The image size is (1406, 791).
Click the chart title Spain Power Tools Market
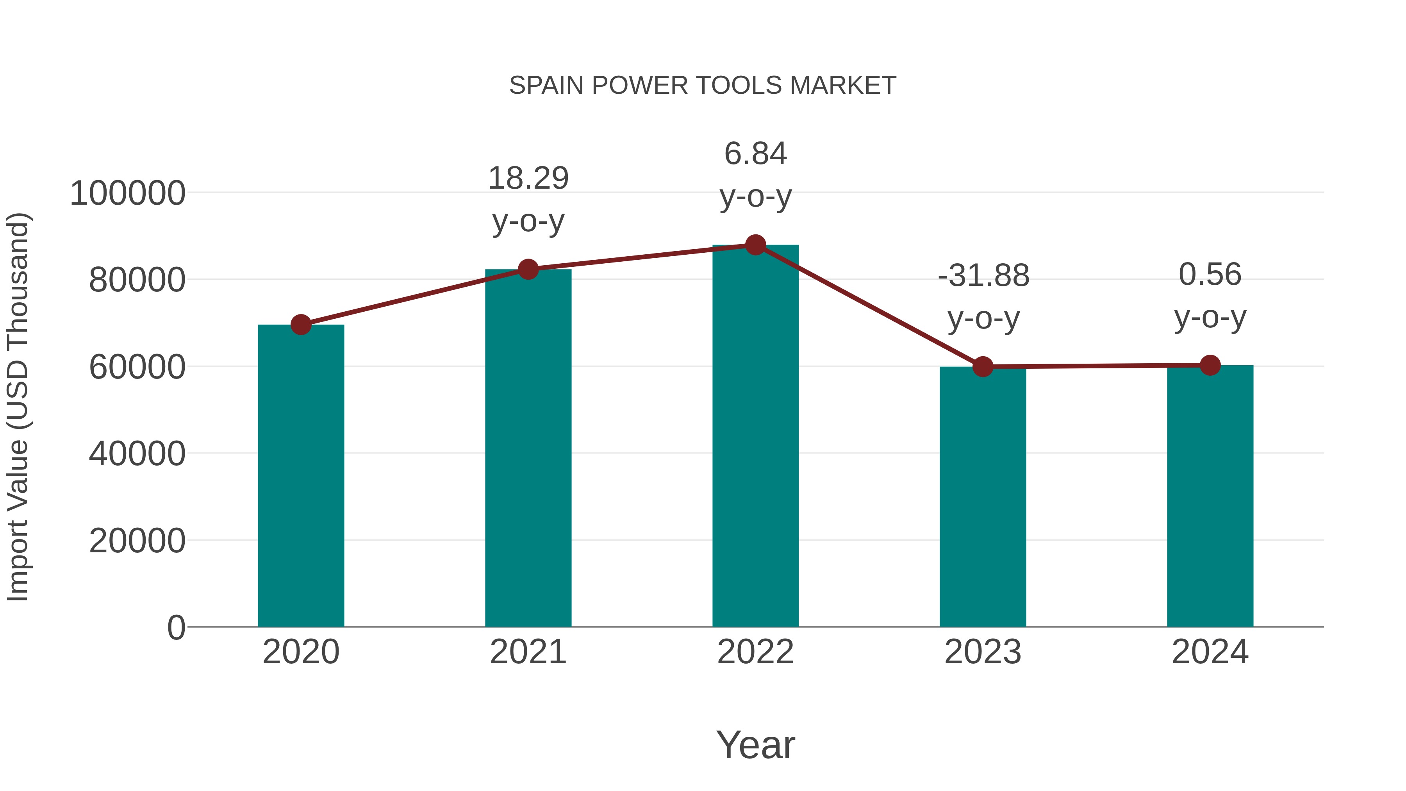tap(703, 86)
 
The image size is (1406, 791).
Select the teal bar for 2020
tap(301, 475)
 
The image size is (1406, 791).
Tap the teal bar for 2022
tap(755, 437)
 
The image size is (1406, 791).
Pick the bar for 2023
tap(983, 497)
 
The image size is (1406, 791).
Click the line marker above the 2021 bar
tap(528, 269)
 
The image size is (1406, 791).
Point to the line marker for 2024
tap(1210, 365)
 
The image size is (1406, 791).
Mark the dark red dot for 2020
tap(301, 325)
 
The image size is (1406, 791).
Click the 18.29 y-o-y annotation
tap(528, 199)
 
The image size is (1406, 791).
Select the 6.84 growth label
tap(755, 175)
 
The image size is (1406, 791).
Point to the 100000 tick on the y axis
tap(128, 193)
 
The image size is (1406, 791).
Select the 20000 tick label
tap(137, 541)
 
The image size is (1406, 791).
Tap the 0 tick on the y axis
tap(176, 628)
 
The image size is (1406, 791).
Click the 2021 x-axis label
tap(528, 652)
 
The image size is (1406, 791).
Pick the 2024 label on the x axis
tap(1210, 652)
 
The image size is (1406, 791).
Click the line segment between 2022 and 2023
tap(869, 306)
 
